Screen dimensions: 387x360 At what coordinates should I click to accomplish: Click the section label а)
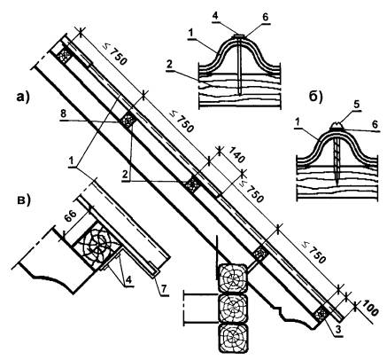pos(23,97)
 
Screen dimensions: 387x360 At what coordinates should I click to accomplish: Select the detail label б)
pos(315,97)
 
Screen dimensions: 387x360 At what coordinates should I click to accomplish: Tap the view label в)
pos(24,200)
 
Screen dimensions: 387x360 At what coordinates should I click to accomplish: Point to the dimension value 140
pos(236,155)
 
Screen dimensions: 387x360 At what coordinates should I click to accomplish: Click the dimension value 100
pos(369,308)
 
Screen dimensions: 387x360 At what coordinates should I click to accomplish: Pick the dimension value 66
pos(70,216)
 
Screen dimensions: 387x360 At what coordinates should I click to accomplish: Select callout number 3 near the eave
pos(337,331)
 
